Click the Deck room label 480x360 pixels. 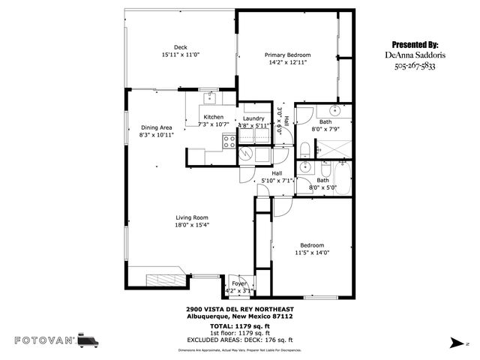pyautogui.click(x=180, y=47)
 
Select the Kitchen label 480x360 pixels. pyautogui.click(x=214, y=117)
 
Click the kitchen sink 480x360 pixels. pyautogui.click(x=209, y=98)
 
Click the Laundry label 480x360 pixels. pyautogui.click(x=253, y=118)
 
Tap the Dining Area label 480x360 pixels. pyautogui.click(x=157, y=127)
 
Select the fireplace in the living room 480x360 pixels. pyautogui.click(x=161, y=280)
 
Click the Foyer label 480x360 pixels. pyautogui.click(x=238, y=283)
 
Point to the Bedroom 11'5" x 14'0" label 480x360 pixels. pyautogui.click(x=312, y=245)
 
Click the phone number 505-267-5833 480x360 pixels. pyautogui.click(x=415, y=66)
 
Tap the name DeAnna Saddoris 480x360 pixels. pyautogui.click(x=415, y=55)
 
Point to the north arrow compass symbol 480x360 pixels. pyautogui.click(x=457, y=342)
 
